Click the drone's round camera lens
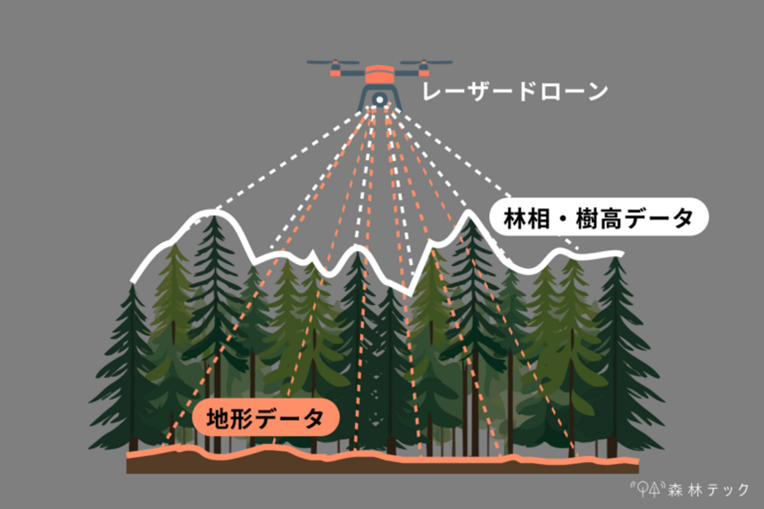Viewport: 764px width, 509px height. point(379,99)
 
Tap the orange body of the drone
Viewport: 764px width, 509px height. point(379,75)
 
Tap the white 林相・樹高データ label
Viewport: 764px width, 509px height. point(598,217)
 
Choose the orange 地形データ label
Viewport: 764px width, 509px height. point(265,418)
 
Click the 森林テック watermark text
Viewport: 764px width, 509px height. point(708,489)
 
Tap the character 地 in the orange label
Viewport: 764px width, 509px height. point(218,418)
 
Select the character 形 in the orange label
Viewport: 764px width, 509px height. point(241,418)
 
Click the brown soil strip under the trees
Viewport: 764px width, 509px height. point(382,467)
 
